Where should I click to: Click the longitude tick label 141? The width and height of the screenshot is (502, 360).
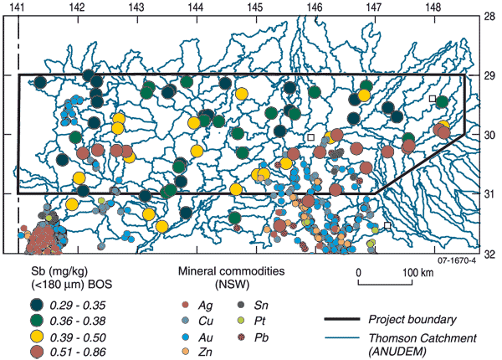18,6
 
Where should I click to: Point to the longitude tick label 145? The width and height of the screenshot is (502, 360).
255,6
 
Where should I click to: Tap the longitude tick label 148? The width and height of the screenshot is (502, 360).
433,6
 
